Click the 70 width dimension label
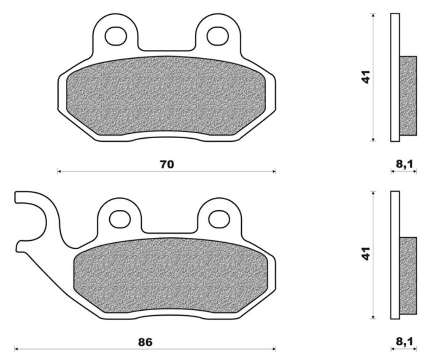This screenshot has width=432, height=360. [167, 164]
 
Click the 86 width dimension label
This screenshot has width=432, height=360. [145, 342]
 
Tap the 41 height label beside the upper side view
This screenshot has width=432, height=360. [366, 77]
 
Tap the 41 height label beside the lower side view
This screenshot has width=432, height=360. [366, 254]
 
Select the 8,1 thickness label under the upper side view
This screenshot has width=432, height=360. [404, 164]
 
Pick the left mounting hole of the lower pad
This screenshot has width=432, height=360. [120, 218]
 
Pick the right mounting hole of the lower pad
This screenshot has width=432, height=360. [219, 218]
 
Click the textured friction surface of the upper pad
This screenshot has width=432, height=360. [166, 96]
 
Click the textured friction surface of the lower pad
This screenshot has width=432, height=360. [170, 276]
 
